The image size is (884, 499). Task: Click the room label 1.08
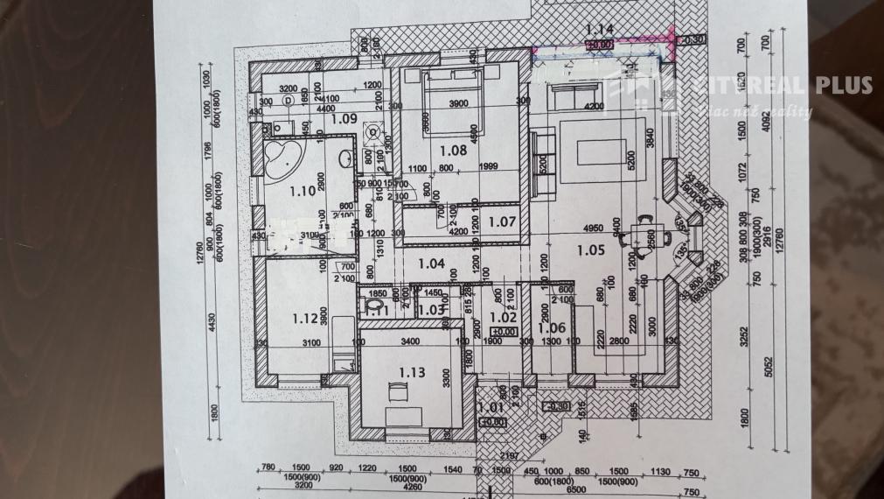(452, 150)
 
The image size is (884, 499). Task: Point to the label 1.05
(591, 250)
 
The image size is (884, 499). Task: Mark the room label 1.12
(283, 318)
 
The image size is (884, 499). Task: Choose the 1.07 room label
(502, 222)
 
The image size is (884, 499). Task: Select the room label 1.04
(432, 262)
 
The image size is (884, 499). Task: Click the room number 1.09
(345, 118)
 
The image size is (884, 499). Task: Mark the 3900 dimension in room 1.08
(454, 103)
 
